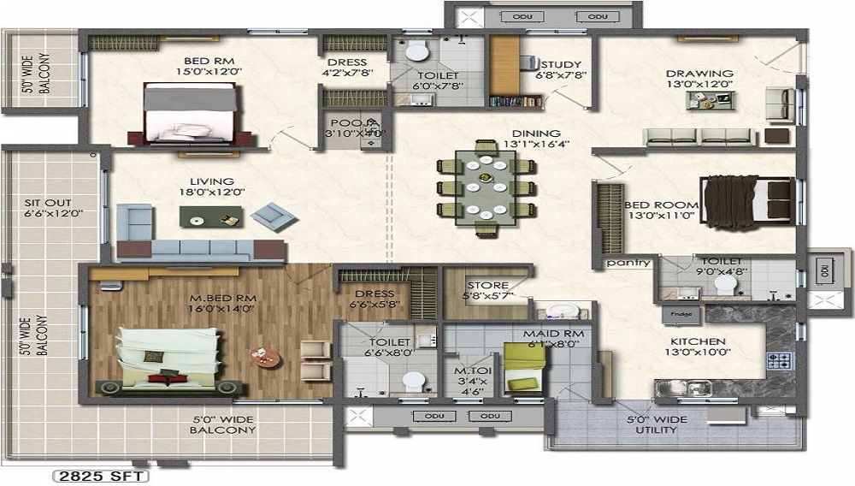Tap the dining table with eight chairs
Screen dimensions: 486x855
486,188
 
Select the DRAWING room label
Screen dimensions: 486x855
699,74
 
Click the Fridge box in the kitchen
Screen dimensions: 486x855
681,313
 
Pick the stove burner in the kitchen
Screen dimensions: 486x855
781,361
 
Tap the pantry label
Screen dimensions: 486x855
628,264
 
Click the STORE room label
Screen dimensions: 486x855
487,286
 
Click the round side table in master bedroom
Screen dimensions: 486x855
260,354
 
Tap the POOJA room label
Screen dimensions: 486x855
347,123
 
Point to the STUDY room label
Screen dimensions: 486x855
561,64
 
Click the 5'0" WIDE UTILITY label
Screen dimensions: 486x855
657,424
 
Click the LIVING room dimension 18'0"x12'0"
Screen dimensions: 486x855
211,192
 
